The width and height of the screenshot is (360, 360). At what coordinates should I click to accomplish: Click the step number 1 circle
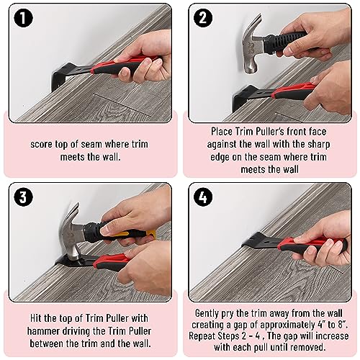23,17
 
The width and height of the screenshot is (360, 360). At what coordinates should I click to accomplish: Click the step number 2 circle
203,17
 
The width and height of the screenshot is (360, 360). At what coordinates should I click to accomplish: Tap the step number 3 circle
23,197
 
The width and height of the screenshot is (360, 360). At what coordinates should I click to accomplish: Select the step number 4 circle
203,197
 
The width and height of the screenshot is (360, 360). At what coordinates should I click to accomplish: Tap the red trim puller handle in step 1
125,65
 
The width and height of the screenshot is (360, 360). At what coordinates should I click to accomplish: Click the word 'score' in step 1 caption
41,145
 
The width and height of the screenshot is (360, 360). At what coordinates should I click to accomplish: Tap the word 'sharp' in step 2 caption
319,144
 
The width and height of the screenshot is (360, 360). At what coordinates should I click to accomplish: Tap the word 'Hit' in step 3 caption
36,318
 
